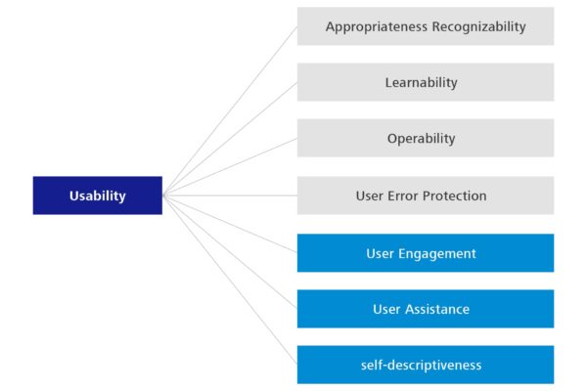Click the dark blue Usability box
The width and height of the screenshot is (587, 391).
[x=98, y=195]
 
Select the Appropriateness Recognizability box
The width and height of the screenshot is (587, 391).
[x=426, y=26]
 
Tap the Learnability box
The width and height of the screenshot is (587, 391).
[x=426, y=82]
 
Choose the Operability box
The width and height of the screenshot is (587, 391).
[x=426, y=138]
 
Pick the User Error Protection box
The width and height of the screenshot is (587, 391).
[x=426, y=195]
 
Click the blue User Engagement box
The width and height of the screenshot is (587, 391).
[x=426, y=253]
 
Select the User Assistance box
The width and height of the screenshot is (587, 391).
[x=426, y=309]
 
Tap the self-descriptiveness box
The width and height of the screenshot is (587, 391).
[x=426, y=365]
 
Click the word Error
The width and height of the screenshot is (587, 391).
[x=403, y=195]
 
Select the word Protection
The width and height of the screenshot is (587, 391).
[x=455, y=195]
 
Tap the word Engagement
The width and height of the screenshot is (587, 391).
[x=437, y=253]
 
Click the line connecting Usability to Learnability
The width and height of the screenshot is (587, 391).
[x=230, y=139]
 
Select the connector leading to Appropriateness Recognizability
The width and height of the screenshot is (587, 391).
[x=230, y=110]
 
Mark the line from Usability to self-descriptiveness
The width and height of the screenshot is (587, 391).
[x=230, y=281]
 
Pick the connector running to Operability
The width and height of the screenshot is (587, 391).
[x=230, y=166]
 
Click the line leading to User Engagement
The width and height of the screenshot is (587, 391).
[x=230, y=224]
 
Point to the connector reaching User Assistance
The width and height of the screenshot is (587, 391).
[x=230, y=252]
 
